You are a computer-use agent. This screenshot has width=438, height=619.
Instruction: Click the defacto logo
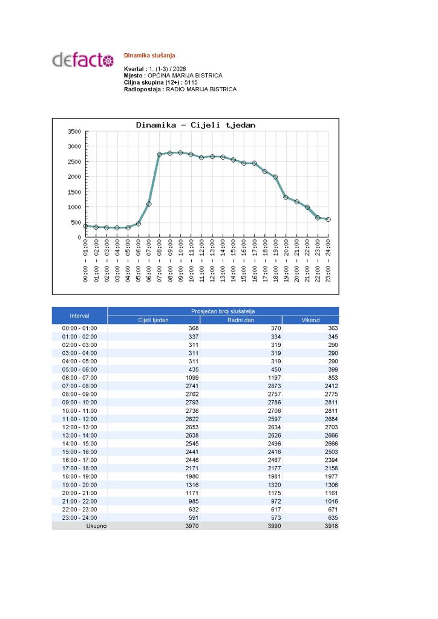pos(83,60)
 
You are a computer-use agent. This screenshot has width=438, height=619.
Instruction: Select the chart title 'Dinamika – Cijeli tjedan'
pos(195,125)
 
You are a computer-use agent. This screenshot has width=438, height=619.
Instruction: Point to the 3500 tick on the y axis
pos(74,131)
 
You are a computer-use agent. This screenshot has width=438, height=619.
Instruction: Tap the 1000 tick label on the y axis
pos(74,207)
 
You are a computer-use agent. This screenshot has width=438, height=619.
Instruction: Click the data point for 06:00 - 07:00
pos(149,204)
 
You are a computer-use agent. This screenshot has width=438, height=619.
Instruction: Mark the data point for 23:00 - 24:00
pos(328,219)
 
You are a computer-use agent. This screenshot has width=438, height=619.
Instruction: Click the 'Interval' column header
pos(79,316)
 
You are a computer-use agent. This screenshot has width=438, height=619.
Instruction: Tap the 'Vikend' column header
pos(310,320)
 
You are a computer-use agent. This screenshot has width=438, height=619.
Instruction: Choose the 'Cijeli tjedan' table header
pos(154,320)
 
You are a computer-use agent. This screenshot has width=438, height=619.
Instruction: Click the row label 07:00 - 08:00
pos(79,386)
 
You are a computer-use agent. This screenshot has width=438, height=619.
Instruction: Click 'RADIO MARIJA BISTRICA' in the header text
pos(201,89)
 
